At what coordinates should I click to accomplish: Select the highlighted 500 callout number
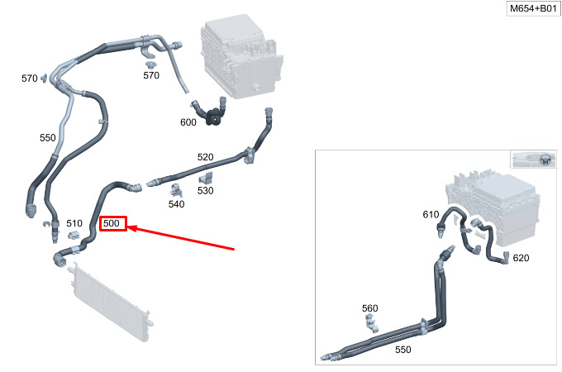coord(112,223)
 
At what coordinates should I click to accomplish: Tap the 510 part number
coord(74,223)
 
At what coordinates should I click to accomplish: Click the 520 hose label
coord(205,156)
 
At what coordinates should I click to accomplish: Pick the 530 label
coord(205,190)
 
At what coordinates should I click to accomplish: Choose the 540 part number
coord(176,203)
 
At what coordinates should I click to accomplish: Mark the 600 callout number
coord(188,122)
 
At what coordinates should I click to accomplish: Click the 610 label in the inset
coord(431,215)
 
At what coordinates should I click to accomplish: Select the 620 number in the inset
coord(521,258)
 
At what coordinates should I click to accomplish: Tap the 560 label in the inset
coord(369,308)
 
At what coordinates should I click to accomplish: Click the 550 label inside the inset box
coord(402,349)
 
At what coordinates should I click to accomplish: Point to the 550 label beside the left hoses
coord(48,137)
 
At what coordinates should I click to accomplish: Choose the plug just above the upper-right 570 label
coord(150,64)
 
